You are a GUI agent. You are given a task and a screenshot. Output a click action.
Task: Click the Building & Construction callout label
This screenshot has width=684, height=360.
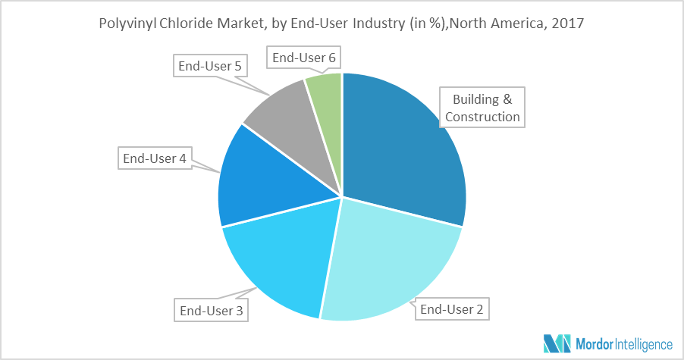point(482,108)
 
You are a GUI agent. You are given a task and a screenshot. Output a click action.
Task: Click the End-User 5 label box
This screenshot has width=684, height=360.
point(209,67)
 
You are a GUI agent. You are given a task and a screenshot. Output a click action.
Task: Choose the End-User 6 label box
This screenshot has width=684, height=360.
point(303,58)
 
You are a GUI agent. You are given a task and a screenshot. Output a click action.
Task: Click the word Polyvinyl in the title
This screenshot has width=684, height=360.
point(126,23)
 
